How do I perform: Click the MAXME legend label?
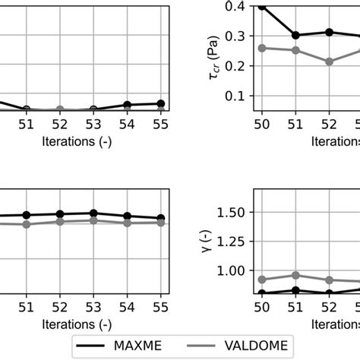(x=137, y=346)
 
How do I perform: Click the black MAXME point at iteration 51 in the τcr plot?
(x=295, y=35)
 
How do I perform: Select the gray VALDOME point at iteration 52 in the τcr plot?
(x=329, y=62)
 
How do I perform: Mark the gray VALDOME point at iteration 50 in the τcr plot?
(x=262, y=48)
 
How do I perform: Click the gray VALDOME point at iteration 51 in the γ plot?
(x=295, y=275)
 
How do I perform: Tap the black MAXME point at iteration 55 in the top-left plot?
(x=160, y=103)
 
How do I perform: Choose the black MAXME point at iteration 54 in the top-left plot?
(x=127, y=105)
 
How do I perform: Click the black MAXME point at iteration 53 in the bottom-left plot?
(x=93, y=213)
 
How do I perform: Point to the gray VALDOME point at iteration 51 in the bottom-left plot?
(x=27, y=224)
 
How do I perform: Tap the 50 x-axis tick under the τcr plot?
(x=262, y=123)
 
